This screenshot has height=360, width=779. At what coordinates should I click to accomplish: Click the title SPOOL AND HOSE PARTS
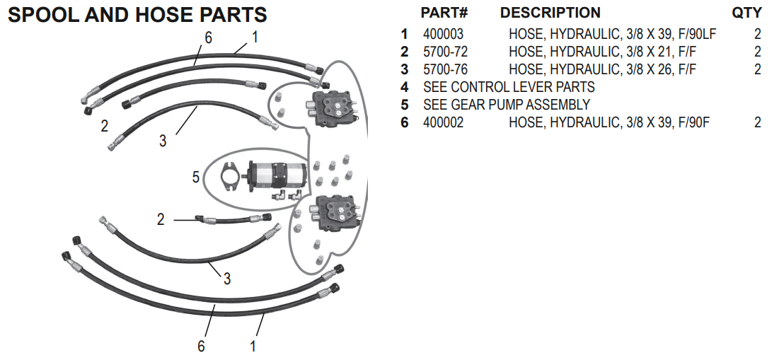tap(137, 14)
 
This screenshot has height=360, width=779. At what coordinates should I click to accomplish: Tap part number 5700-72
tap(445, 52)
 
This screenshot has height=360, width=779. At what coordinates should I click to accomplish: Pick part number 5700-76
tap(445, 69)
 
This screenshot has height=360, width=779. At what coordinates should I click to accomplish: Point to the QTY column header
tap(746, 13)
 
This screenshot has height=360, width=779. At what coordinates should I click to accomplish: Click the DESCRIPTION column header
tap(550, 13)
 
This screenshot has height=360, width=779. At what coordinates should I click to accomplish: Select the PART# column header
tap(444, 13)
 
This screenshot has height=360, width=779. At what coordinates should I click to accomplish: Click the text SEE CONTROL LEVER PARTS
tap(509, 87)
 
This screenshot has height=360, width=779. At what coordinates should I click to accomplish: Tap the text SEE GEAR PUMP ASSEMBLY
tap(506, 105)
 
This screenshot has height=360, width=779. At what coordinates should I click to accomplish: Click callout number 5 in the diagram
tap(196, 177)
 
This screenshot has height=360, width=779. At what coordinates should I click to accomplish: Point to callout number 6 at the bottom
tap(202, 347)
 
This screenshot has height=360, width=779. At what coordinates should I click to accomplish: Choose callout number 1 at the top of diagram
tap(255, 35)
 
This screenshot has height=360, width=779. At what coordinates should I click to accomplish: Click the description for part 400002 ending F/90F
tap(608, 122)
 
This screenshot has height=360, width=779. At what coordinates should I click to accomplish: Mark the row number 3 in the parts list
tap(405, 69)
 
